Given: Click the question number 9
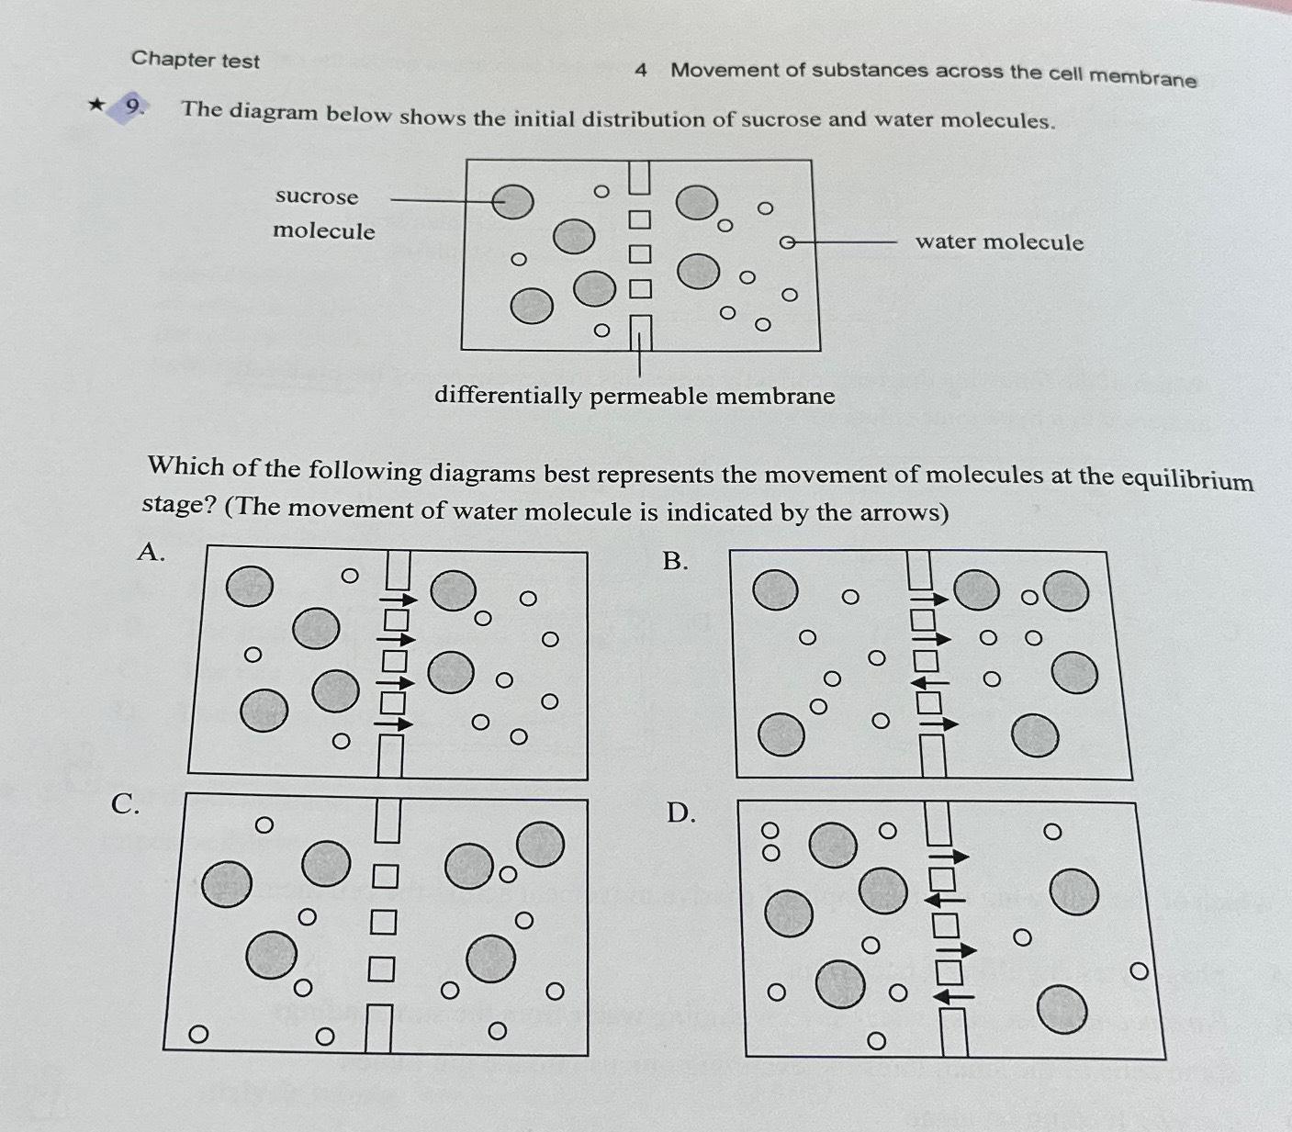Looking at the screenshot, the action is [134, 108].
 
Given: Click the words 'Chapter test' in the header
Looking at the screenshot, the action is [196, 60].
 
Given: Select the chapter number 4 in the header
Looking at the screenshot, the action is [641, 70].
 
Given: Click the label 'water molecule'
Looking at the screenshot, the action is [999, 242].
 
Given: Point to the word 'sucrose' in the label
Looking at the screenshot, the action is [317, 196].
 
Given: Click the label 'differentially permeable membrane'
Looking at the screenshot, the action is [635, 396].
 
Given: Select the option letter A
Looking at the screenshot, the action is [150, 551].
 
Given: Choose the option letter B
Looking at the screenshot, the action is [675, 561].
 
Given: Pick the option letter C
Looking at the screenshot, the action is [125, 804].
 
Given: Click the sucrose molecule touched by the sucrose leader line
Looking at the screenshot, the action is [512, 201].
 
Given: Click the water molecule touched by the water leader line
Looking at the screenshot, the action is [787, 242].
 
